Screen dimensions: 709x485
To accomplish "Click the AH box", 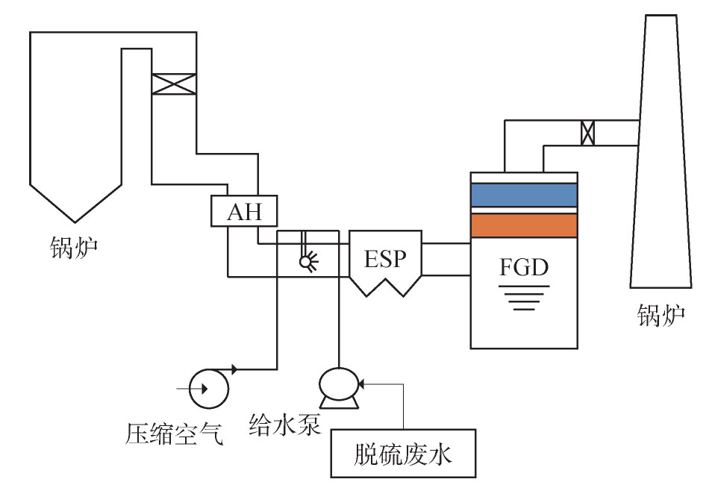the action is tap(244, 210).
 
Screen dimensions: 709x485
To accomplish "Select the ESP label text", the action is tap(385, 259).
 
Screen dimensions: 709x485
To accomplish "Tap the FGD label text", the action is tap(524, 267).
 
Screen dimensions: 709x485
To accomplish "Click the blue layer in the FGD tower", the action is tap(524, 195).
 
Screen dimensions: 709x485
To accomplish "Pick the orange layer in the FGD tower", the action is tap(524, 225).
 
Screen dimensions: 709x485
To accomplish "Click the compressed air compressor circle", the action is tap(208, 389).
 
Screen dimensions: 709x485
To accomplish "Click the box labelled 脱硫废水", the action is tap(403, 454).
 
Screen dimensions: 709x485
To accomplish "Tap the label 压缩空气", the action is tap(175, 434).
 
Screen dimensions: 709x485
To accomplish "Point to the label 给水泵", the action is tap(285, 425).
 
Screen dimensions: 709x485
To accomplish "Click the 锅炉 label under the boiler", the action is tap(74, 248).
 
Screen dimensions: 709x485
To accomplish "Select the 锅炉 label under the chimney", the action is tap(661, 315).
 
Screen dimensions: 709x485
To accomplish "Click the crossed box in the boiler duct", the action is tap(174, 84).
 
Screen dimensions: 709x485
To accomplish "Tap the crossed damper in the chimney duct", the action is tap(587, 133).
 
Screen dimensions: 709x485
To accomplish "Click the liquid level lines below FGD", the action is tap(524, 298).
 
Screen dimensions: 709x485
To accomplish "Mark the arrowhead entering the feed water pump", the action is tap(360, 384).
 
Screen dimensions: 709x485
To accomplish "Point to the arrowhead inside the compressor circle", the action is tap(204, 389).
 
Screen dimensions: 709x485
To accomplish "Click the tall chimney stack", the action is tap(661, 151).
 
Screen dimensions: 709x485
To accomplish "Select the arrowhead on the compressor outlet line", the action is tap(234, 369).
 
